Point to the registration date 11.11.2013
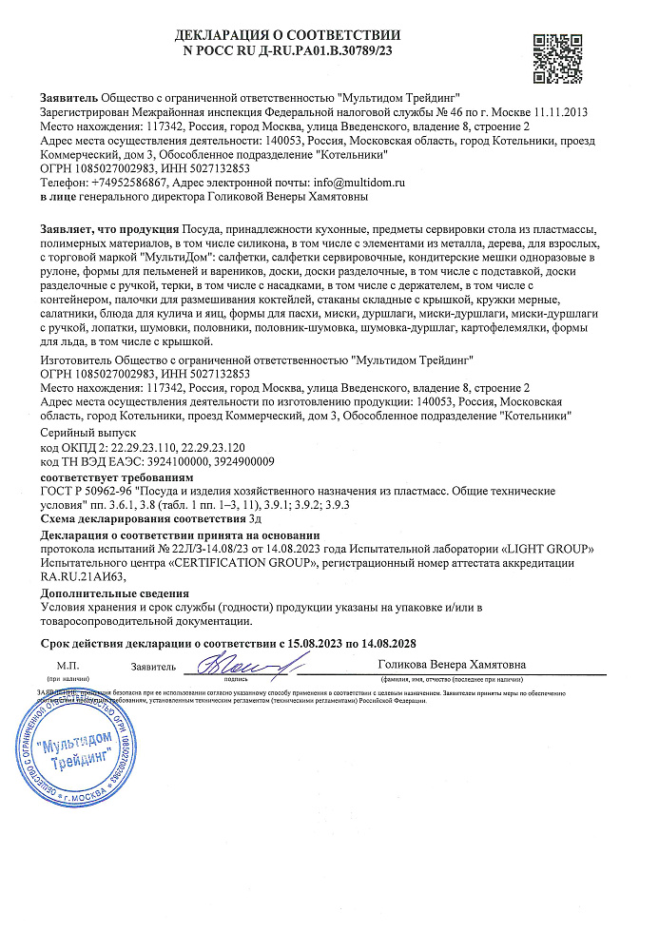click(559, 112)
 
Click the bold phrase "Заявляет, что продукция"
click(109, 230)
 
